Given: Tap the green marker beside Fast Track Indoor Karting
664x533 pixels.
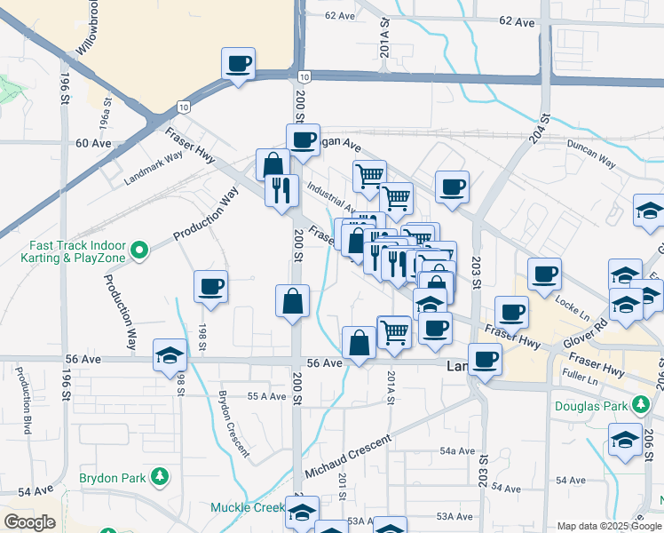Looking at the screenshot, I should pyautogui.click(x=139, y=252).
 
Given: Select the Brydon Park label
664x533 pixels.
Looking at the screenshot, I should pyautogui.click(x=112, y=478).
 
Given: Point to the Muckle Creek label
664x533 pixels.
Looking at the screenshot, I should pyautogui.click(x=246, y=508).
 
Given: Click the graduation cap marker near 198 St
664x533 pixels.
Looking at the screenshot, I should pyautogui.click(x=169, y=355).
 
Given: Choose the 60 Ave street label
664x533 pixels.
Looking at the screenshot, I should pyautogui.click(x=93, y=143).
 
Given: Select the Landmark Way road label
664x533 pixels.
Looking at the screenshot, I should pyautogui.click(x=153, y=167).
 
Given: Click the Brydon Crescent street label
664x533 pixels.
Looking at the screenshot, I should pyautogui.click(x=234, y=422).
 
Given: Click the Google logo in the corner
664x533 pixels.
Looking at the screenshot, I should pyautogui.click(x=29, y=522).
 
